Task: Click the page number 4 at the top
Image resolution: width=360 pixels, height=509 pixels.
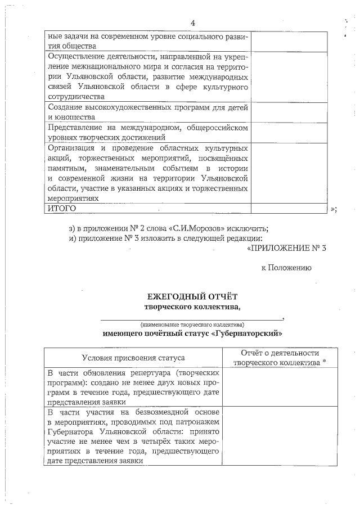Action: (193, 23)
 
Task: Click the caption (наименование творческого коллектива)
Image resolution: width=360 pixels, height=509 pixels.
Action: (192, 325)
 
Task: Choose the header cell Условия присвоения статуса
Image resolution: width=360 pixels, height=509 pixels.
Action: (133, 358)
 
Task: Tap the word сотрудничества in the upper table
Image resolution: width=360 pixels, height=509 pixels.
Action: (75, 97)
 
